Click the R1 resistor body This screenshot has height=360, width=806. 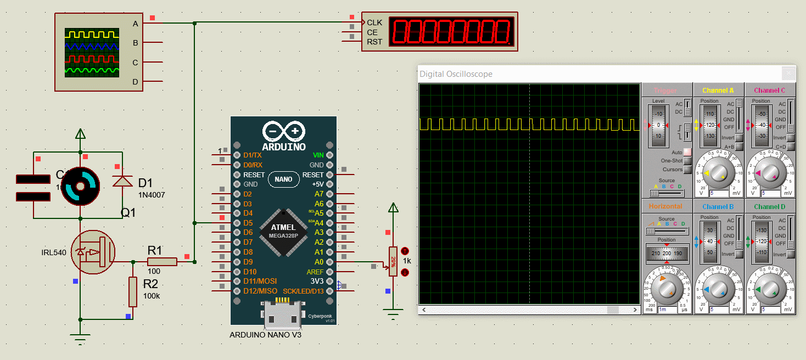pos(162,262)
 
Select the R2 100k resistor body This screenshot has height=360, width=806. pos(133,292)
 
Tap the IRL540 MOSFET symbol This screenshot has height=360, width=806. pos(93,252)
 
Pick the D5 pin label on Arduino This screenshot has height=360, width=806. pos(248,223)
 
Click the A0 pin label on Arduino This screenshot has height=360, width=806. pos(319,262)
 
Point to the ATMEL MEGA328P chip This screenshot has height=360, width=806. pos(282,231)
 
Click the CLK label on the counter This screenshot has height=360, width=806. pos(374,22)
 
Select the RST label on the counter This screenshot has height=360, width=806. pos(374,42)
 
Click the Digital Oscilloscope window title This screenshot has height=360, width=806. pos(456,74)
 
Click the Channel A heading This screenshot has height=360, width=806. pos(718,91)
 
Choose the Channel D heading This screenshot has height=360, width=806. pos(769,207)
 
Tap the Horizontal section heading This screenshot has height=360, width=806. pos(665,207)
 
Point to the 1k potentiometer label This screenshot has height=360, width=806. pos(407,261)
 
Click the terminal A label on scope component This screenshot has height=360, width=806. pos(135,24)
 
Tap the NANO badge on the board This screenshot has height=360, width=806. pos(283,179)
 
